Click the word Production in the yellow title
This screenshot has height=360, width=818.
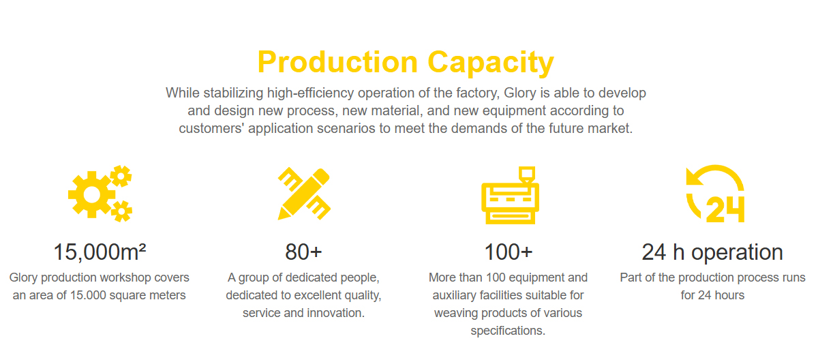[x=337, y=62]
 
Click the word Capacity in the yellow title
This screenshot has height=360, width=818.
[x=491, y=63]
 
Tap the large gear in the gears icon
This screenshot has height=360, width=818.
[x=91, y=194]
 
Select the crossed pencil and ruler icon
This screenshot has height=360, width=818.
[x=304, y=194]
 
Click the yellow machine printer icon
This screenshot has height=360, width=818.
[x=510, y=195]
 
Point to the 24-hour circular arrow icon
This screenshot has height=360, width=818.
[x=715, y=193]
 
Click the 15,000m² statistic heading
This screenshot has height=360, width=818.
[x=100, y=252]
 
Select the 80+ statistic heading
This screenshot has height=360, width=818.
[x=303, y=252]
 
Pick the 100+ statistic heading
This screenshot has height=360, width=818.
[x=509, y=252]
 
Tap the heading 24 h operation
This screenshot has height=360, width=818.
[x=712, y=252]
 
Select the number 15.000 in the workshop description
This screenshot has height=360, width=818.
[x=88, y=295]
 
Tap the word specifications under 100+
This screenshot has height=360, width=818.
[x=508, y=331]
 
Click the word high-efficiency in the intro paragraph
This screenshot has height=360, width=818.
[x=310, y=93]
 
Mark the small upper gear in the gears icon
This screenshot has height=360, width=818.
[x=121, y=176]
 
